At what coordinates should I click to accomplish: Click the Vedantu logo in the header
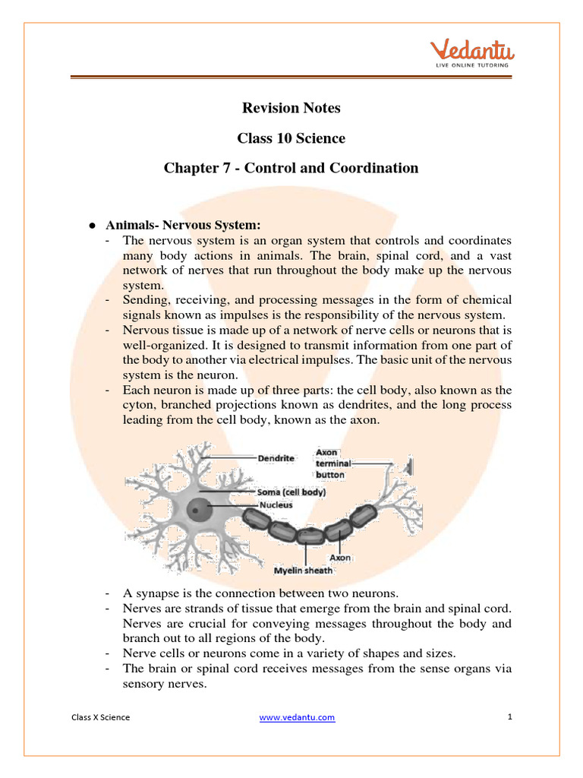(x=472, y=52)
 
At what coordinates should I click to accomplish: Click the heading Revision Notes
(x=291, y=108)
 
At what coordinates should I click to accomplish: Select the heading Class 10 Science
(x=291, y=138)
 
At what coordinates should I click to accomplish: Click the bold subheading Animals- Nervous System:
(x=183, y=225)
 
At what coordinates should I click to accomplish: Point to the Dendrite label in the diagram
(x=276, y=458)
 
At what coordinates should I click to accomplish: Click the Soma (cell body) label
(x=292, y=492)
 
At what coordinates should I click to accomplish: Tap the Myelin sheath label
(x=303, y=571)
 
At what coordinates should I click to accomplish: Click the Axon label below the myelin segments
(x=341, y=557)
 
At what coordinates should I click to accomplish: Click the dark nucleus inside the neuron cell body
(x=199, y=509)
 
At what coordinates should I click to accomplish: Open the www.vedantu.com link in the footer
(x=297, y=717)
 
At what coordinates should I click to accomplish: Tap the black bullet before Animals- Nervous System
(x=91, y=226)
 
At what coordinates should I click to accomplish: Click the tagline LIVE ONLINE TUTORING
(x=472, y=65)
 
